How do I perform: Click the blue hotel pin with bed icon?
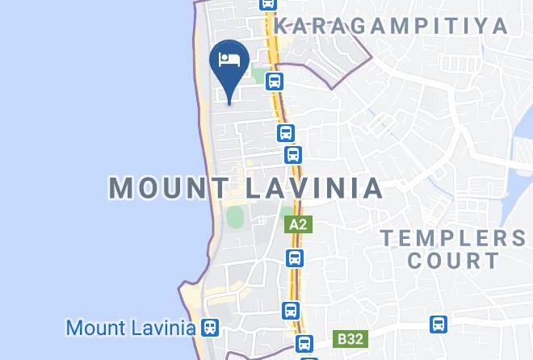coord(229,63)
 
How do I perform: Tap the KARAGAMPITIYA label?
coord(391,26)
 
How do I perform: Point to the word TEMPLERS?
coord(451,238)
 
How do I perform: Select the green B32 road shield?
coord(350,340)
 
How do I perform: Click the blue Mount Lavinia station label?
coord(131,329)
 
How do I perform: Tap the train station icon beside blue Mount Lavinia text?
coord(210,329)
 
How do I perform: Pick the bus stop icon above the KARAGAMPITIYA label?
coord(268,4)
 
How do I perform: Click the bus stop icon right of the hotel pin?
coord(275,82)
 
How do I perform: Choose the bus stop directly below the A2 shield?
coord(295,258)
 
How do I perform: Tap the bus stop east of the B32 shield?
coord(439,324)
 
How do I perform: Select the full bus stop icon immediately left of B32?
coord(304,342)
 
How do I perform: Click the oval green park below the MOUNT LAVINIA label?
coord(235,217)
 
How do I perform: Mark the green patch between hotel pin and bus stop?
coord(258,77)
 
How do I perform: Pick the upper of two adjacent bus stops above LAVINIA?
coord(285,133)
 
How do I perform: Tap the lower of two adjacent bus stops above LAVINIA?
coord(293,154)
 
